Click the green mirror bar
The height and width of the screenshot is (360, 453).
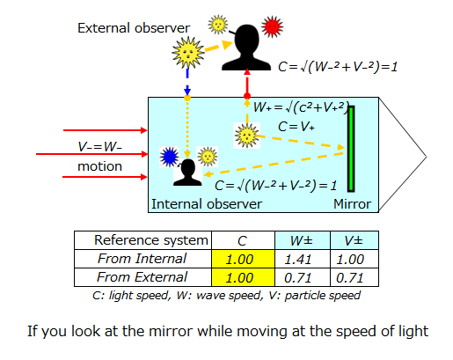351,149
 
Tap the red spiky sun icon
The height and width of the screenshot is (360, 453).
273,26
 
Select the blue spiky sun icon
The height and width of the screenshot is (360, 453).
169,157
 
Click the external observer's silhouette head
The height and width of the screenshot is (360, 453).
247,48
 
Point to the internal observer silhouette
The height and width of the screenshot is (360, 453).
187,173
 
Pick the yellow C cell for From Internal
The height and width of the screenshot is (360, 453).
243,259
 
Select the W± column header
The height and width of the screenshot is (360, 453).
303,240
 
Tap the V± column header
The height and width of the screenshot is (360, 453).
354,240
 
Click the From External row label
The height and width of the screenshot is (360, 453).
142,277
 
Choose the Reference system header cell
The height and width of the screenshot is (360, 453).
142,240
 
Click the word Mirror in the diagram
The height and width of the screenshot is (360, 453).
352,204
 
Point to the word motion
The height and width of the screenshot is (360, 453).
99,166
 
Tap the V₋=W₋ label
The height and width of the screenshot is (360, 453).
99,147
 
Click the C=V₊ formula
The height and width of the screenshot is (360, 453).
296,127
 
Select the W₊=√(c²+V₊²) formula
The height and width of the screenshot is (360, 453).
302,107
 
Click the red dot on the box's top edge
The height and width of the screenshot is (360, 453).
247,96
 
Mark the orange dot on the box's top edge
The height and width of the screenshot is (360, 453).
187,98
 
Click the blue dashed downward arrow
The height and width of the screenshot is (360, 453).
187,82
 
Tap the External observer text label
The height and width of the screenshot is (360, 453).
134,28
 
